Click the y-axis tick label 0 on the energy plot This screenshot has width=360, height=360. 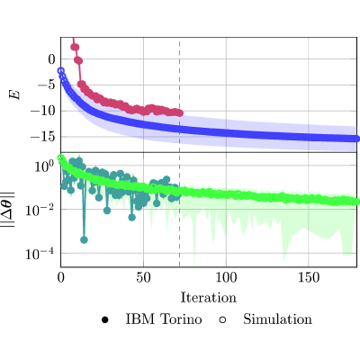(x=52, y=59)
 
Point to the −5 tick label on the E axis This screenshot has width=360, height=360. (x=47, y=85)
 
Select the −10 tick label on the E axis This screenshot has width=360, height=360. (x=43, y=112)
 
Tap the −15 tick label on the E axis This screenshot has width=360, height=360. (x=43, y=137)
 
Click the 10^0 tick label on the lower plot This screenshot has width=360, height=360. (x=44, y=166)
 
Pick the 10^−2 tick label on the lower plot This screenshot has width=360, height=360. (x=40, y=211)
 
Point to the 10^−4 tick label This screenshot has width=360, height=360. (x=40, y=255)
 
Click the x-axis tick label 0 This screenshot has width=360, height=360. (x=61, y=278)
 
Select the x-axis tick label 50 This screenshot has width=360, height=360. (x=143, y=278)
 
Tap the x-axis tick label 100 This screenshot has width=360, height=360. (x=226, y=278)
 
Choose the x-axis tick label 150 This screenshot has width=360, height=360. (x=309, y=278)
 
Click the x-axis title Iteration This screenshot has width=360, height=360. (x=209, y=298)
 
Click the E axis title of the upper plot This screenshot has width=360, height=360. (x=14, y=94)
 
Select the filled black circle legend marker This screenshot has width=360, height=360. (x=104, y=319)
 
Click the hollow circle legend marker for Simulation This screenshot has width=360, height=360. (x=222, y=319)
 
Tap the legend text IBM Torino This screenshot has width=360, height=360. (x=164, y=319)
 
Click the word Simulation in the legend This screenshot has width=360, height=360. (x=277, y=319)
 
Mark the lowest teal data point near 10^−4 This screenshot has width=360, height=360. (x=84, y=239)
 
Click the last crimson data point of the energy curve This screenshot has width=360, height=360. (x=180, y=113)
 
